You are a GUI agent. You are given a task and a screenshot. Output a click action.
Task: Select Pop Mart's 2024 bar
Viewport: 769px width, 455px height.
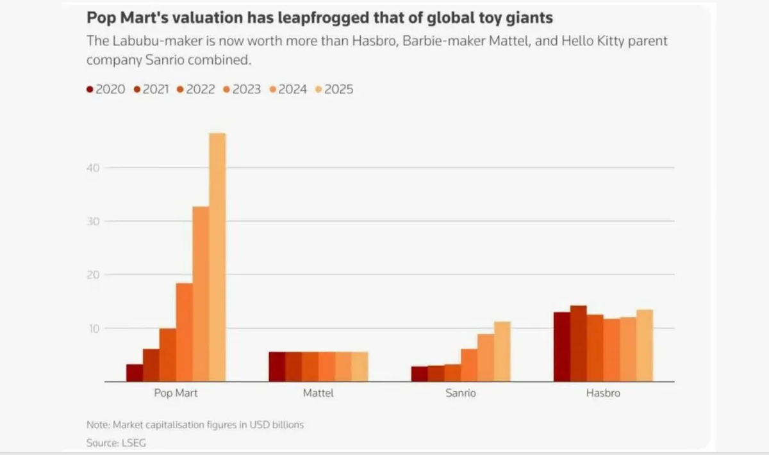click(201, 294)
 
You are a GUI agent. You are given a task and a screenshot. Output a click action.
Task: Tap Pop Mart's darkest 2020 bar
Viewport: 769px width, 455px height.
click(135, 372)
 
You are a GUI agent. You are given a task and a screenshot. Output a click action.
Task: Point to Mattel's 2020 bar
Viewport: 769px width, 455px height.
click(277, 367)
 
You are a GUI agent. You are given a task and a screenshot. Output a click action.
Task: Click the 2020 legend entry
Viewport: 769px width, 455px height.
click(106, 90)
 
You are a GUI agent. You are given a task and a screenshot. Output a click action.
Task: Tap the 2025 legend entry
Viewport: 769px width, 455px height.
click(334, 90)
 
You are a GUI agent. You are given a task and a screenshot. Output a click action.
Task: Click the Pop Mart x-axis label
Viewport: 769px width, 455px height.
click(176, 393)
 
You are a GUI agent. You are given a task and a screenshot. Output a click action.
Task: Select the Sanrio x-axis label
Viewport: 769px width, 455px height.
click(461, 393)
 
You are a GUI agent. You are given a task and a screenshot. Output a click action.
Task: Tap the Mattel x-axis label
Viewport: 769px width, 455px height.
click(318, 393)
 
